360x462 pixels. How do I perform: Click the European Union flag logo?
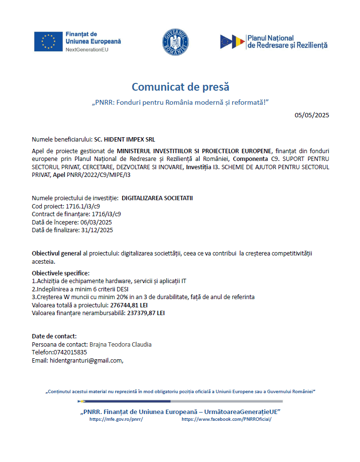tap(48, 41)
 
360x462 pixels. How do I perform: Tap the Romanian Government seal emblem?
tap(175, 42)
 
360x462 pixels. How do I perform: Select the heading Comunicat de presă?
tap(180, 87)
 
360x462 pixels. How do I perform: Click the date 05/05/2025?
tap(312, 115)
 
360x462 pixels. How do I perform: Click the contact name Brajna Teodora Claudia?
tap(121, 344)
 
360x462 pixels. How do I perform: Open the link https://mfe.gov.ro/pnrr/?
tap(116, 419)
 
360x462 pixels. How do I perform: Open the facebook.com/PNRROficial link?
tap(226, 419)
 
